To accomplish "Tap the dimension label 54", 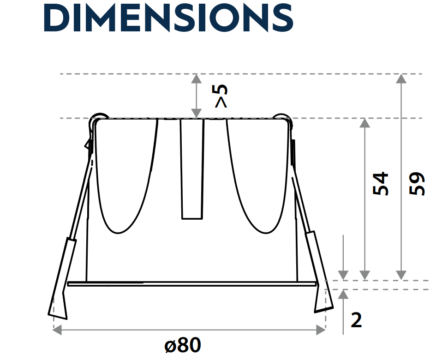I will (x=381, y=184).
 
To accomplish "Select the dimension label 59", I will (x=417, y=184).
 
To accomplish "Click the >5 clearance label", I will (x=222, y=96).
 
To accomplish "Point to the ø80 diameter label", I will (x=183, y=345).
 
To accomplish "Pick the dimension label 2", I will (x=357, y=320).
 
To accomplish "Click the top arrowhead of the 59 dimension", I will (x=402, y=78).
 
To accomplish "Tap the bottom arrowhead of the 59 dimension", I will (x=402, y=276).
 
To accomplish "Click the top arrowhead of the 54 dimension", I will (x=365, y=123).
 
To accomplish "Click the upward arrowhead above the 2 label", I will (x=343, y=294).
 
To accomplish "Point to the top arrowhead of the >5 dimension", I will (x=197, y=78).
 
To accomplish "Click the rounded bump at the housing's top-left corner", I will (x=99, y=116).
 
